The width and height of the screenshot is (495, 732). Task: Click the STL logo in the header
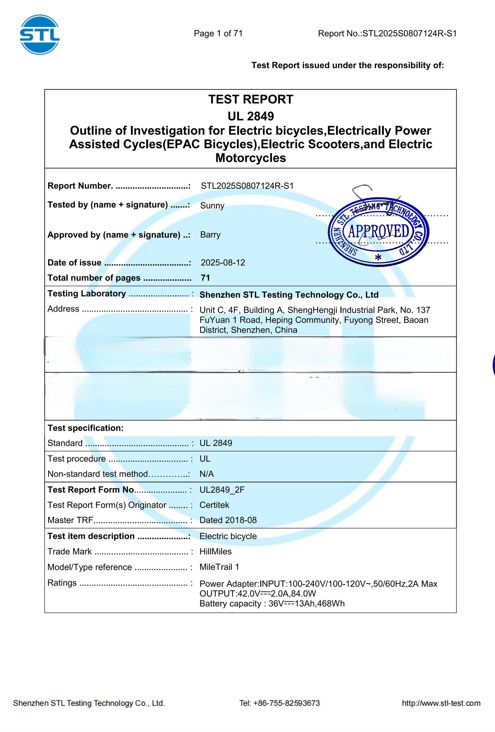coord(40,34)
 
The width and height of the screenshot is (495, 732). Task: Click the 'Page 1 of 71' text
coord(218,33)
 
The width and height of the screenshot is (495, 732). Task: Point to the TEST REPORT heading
coord(250,99)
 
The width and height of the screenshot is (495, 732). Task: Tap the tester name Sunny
coord(212,206)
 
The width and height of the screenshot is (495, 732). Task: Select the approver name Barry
coord(210,235)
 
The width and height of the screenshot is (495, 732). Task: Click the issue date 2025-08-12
coord(223,262)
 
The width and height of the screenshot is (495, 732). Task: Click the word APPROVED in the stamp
coord(378,231)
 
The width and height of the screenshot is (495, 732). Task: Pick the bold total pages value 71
coord(205,278)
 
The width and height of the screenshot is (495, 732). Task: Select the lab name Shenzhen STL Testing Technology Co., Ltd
coord(289,295)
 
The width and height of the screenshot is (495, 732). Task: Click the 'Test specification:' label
coord(85,428)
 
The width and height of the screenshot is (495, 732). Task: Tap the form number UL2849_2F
coord(222,490)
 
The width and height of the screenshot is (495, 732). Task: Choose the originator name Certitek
coord(214,505)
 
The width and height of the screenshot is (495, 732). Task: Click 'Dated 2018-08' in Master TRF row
coord(228,520)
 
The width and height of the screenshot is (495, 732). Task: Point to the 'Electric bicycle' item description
coord(228,536)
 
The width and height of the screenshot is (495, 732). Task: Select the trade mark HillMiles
coord(215,551)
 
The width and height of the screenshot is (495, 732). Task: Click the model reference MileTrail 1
coord(219,567)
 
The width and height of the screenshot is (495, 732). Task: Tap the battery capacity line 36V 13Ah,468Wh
coord(272,604)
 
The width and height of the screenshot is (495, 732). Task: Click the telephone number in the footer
coord(280,703)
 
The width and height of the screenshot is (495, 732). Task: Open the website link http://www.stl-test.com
coord(441,703)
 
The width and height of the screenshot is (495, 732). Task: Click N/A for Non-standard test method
coord(207,474)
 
